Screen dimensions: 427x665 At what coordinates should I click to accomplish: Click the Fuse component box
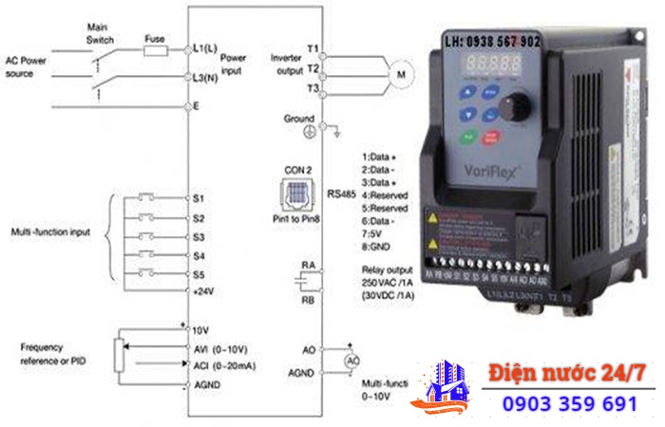pos(155,48)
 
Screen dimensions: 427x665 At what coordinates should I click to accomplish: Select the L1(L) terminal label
pos(205,47)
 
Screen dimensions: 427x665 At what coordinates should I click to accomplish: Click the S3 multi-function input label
pos(199,236)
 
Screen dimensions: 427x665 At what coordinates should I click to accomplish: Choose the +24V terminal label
pos(204,292)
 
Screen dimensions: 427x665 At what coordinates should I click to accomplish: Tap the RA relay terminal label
pos(309,265)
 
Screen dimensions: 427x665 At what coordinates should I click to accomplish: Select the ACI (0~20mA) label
pos(226,365)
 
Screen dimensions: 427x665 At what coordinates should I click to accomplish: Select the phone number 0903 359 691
pos(570,403)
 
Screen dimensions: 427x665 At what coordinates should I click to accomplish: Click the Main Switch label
pos(100,33)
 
